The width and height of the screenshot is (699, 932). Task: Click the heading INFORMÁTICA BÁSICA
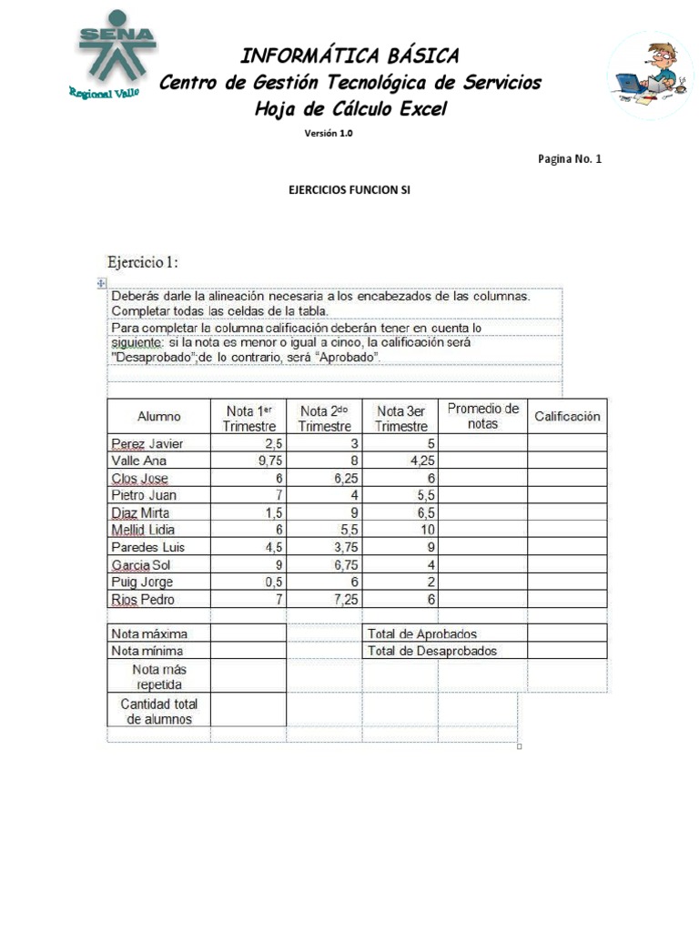349,56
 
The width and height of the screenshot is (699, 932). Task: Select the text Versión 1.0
328,133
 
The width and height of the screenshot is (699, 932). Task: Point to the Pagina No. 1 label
570,158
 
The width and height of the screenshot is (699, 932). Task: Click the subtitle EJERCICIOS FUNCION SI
349,190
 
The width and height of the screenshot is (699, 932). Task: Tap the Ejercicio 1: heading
143,262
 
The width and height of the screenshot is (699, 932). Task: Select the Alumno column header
159,416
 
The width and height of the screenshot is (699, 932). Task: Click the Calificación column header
567,416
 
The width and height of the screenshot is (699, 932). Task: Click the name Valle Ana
138,461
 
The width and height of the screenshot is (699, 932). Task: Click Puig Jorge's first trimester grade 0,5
269,582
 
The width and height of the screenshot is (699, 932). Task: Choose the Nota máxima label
148,633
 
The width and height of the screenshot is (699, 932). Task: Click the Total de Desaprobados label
432,651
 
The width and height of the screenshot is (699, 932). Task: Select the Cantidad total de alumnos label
159,711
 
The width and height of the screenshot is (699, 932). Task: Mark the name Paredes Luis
147,547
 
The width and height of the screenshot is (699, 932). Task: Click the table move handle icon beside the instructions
101,283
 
